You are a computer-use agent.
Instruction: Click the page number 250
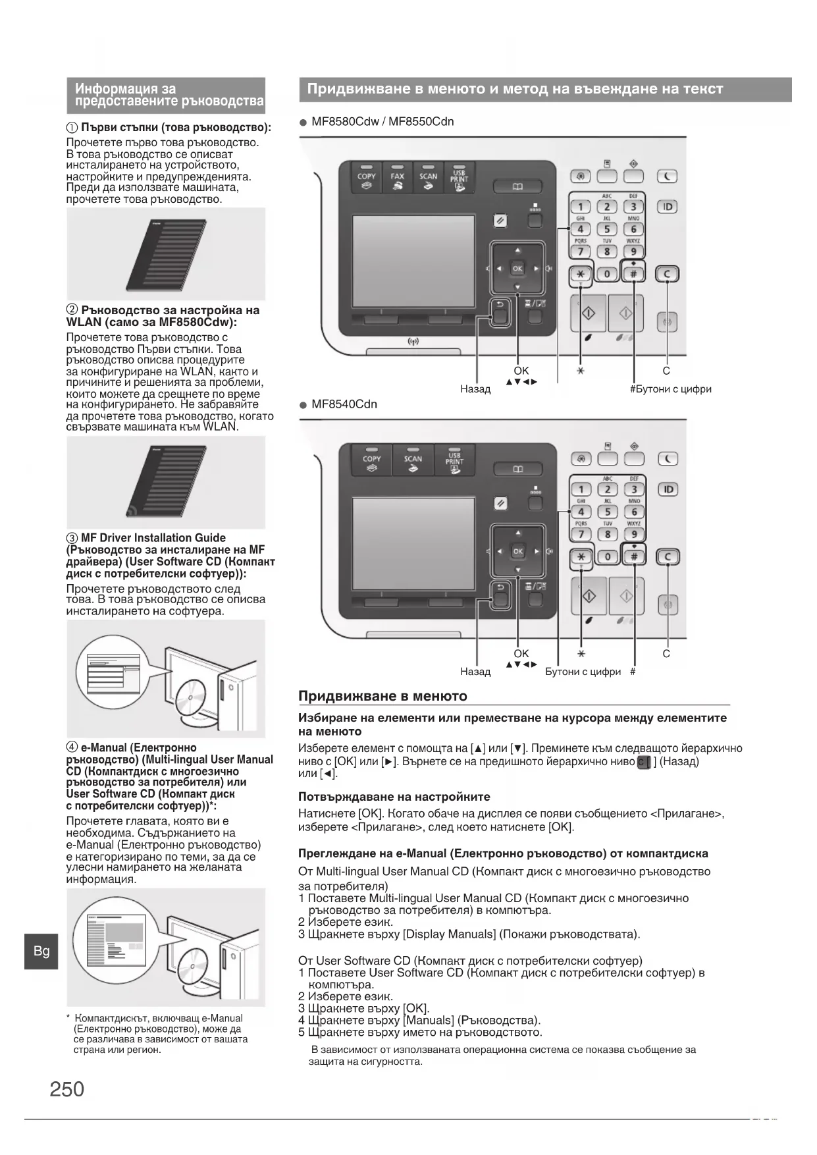[66, 1088]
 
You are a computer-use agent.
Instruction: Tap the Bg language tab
[41, 951]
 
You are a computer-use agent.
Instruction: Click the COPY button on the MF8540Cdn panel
[371, 463]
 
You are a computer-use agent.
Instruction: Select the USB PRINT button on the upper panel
[459, 178]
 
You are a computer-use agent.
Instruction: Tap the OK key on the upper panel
[517, 268]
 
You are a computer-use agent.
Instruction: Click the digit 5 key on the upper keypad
[607, 229]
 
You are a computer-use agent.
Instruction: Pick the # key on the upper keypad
[634, 274]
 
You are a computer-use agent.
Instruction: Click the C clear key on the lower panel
[668, 557]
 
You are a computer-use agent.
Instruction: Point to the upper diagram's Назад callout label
[475, 389]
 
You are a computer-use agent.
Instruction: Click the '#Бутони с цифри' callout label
[670, 389]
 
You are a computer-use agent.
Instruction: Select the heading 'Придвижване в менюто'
[382, 696]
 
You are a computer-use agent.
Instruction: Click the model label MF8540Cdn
[344, 404]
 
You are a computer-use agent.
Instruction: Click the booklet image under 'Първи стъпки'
[166, 254]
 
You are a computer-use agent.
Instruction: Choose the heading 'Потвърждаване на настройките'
[394, 797]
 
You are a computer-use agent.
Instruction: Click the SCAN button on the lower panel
[413, 463]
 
